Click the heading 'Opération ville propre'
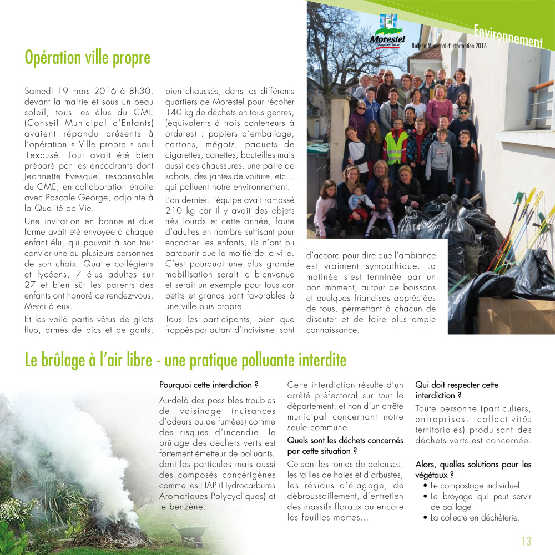tap(88, 58)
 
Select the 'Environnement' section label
tap(508, 34)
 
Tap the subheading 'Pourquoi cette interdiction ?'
tap(209, 385)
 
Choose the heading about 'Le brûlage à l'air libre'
tap(185, 361)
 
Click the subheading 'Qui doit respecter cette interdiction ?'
tap(457, 390)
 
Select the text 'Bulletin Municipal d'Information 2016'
tap(449, 46)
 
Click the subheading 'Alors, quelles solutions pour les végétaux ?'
tap(473, 470)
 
